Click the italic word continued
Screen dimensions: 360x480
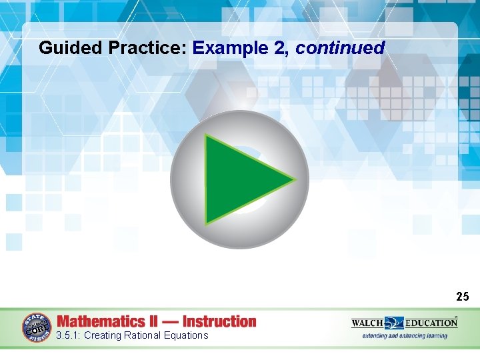(340, 48)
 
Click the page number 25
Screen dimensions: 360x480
(463, 296)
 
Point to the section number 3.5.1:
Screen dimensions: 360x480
(69, 335)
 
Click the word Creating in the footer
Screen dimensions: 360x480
(103, 335)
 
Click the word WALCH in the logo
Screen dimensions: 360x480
(368, 323)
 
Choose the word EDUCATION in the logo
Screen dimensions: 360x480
(430, 323)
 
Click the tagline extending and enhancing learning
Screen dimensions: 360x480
(404, 335)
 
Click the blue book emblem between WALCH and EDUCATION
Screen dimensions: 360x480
(393, 323)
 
